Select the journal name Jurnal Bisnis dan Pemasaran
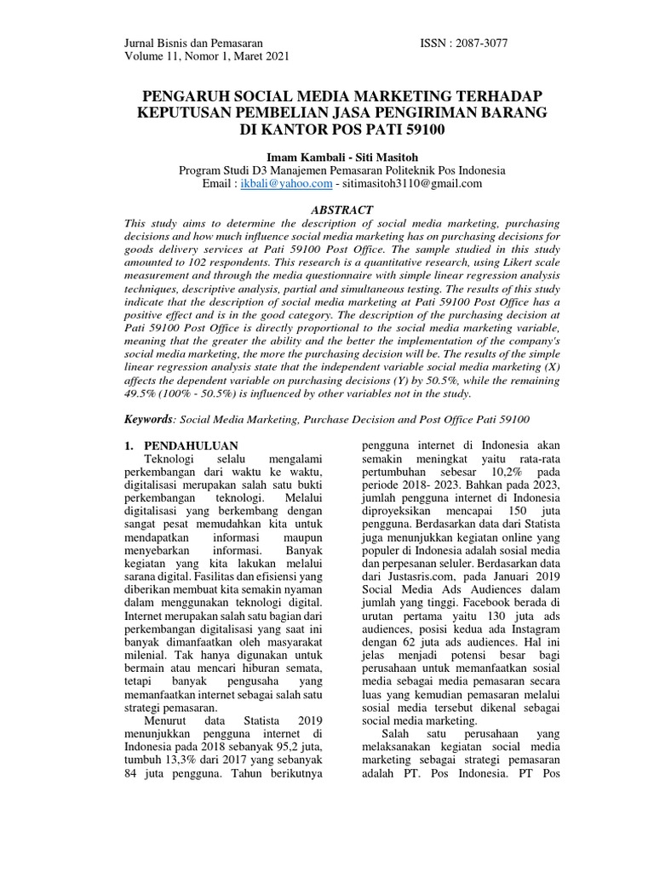pos(193,42)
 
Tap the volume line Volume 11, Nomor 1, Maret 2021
pos(207,57)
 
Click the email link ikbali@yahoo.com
pos(288,183)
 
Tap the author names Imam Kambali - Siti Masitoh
pos(328,156)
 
